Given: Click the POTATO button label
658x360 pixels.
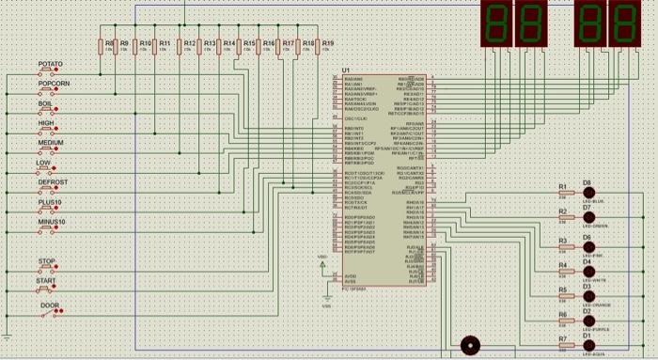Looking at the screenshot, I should pos(50,64).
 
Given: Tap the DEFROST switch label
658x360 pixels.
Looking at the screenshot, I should pos(52,181).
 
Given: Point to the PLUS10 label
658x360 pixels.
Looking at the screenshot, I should pos(50,202).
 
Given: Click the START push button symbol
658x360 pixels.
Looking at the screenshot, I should pos(46,290).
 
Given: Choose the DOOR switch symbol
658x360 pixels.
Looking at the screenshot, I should pos(49,314).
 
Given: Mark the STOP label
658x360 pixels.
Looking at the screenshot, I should pos(46,261).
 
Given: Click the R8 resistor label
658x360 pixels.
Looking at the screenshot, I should pos(109,43).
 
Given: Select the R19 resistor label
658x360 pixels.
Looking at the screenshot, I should pos(327,43).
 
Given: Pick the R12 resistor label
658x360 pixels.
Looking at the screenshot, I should pos(190,43).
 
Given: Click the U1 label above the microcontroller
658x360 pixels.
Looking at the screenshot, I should pos(346,70).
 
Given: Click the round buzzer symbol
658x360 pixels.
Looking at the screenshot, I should pos(467,344).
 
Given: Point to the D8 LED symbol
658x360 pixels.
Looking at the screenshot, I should pos(590,191).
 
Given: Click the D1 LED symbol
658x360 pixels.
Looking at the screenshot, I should pos(590,344).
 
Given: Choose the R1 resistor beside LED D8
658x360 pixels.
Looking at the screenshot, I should pos(562,194).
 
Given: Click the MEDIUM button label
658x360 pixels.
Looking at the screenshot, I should pos(50,143).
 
